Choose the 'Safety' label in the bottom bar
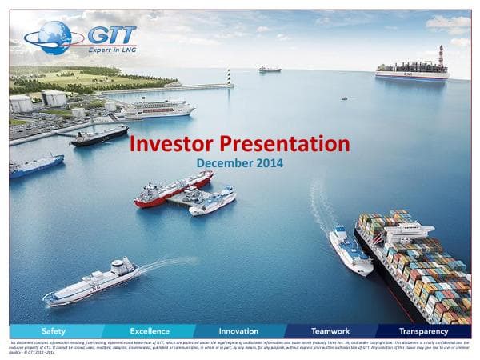pyautogui.click(x=54, y=330)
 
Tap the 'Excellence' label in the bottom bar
pyautogui.click(x=150, y=330)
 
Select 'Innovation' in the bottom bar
pyautogui.click(x=238, y=330)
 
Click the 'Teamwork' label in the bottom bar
pyautogui.click(x=330, y=330)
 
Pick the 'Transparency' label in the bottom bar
pyautogui.click(x=422, y=330)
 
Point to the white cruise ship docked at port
pyautogui.click(x=158, y=108)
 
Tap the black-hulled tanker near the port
pyautogui.click(x=98, y=136)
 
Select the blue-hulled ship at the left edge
pyautogui.click(x=36, y=166)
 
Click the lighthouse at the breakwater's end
pyautogui.click(x=230, y=77)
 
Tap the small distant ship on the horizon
pyautogui.click(x=270, y=70)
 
